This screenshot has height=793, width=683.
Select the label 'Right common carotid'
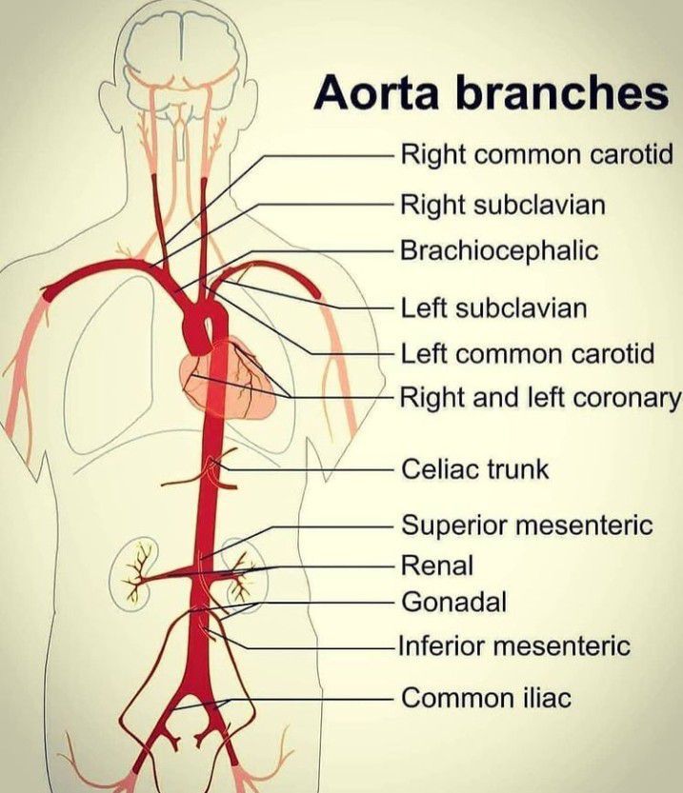tap(537, 153)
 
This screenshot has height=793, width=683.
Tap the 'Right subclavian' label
tap(503, 204)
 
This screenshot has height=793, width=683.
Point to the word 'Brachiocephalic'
tap(499, 251)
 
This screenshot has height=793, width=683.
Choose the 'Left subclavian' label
tap(493, 308)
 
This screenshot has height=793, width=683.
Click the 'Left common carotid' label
tap(528, 354)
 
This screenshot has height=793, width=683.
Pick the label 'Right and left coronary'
tap(539, 396)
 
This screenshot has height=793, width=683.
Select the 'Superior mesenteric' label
tap(527, 525)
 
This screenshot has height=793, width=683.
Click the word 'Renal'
tap(437, 565)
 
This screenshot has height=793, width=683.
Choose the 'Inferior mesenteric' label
tap(514, 646)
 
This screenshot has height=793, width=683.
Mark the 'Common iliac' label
tap(486, 698)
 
